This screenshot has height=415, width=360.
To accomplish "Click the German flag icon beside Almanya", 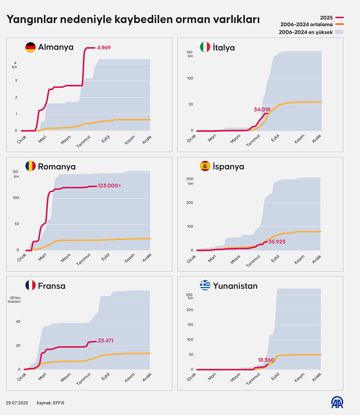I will (31, 47).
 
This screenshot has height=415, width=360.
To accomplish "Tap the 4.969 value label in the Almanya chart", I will (104, 48).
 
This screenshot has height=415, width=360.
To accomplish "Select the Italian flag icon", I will (205, 47).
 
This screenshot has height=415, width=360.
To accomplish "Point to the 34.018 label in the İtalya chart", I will (262, 110).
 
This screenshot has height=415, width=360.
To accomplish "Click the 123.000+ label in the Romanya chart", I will (109, 186).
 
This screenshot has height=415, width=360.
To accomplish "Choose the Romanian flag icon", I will (31, 166).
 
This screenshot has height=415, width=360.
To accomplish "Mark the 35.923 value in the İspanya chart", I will (277, 242).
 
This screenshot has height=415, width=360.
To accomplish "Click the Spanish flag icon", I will (205, 166).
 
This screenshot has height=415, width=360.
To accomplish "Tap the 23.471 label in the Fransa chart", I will (105, 341).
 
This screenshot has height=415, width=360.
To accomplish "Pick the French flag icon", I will (31, 285).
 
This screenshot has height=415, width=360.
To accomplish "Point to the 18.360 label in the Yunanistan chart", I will (266, 360).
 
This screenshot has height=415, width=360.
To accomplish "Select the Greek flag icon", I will (205, 285).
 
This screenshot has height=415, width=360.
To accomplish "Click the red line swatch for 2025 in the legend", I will (339, 18).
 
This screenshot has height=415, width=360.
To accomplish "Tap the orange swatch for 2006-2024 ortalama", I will (339, 24).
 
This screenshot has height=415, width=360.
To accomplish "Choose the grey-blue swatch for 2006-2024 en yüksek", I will (339, 32).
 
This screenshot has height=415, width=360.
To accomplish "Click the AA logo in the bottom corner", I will (337, 402).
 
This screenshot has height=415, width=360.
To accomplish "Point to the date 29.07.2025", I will (17, 403).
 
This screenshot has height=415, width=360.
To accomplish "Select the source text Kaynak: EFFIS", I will (50, 403).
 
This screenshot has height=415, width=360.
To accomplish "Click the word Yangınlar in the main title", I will (32, 20).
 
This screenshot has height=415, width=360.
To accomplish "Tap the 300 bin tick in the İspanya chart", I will (190, 181).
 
